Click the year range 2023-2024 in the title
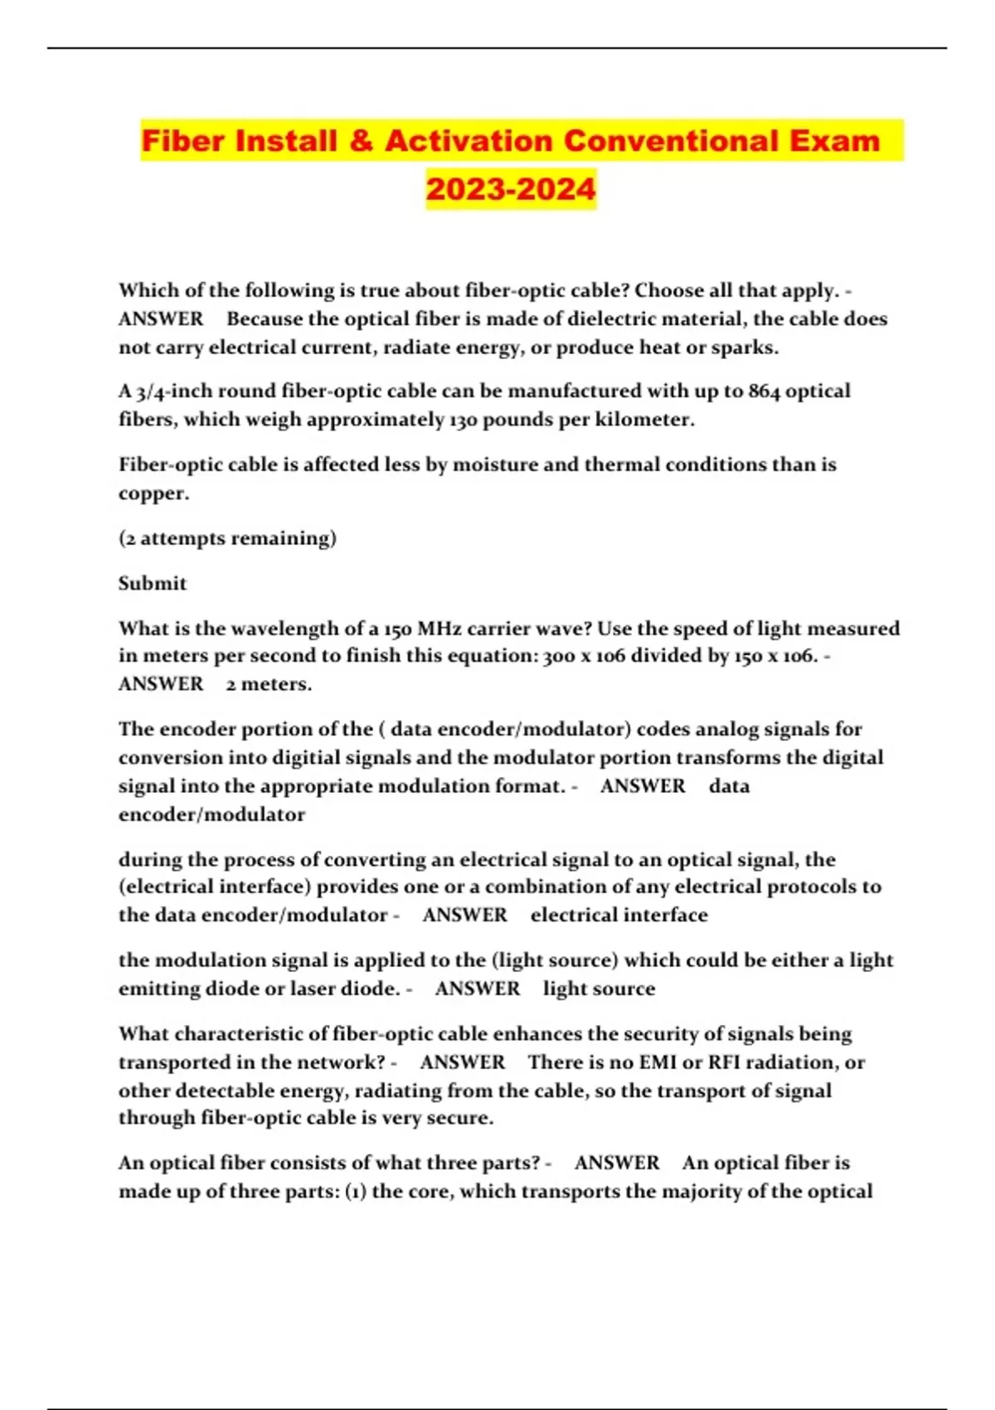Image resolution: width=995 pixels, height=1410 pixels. tap(511, 188)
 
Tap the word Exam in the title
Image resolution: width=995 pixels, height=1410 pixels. tap(833, 141)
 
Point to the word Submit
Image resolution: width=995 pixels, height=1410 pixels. tap(153, 583)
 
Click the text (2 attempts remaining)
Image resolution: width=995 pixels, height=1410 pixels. tap(227, 538)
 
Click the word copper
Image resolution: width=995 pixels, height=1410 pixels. tap(153, 494)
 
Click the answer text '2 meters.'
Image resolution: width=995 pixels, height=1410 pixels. tap(269, 684)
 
